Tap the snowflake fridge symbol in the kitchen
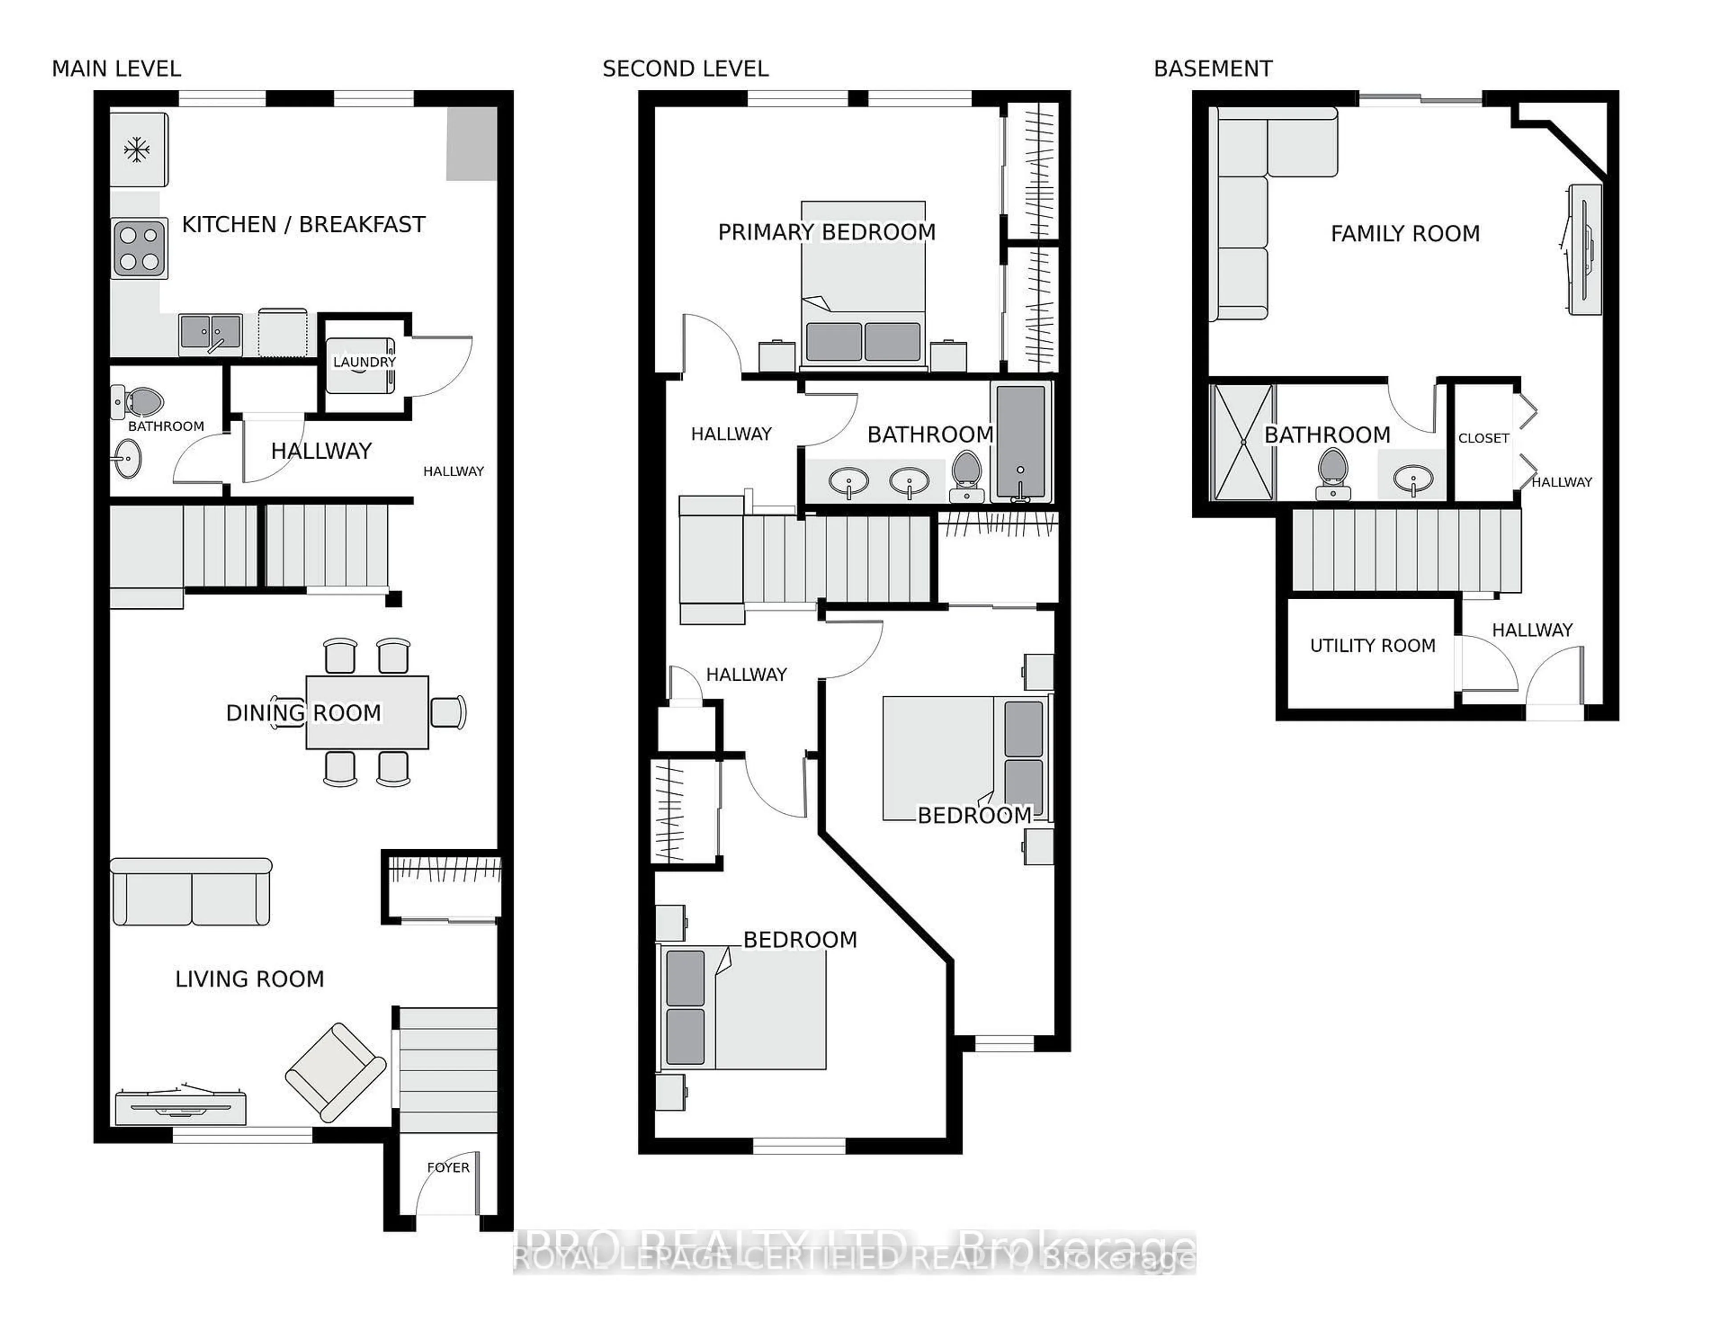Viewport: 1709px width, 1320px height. tap(137, 149)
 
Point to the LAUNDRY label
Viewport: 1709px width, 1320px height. tap(364, 362)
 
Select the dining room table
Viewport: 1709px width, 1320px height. tap(366, 712)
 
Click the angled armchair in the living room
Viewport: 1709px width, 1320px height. tap(336, 1072)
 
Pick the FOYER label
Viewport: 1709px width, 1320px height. tap(448, 1167)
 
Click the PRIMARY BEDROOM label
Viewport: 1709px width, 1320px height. tap(826, 232)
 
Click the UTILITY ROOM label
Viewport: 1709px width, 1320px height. tap(1373, 646)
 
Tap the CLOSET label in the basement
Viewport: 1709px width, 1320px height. tap(1483, 438)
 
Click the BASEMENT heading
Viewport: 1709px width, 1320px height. tap(1212, 69)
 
